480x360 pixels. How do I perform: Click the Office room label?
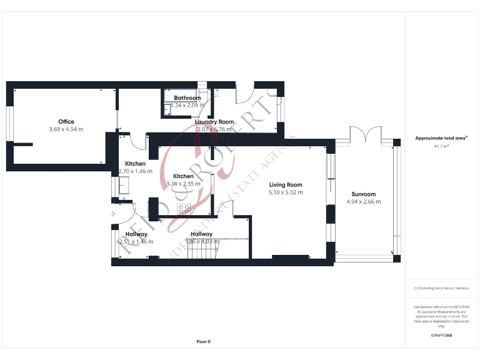coord(66,122)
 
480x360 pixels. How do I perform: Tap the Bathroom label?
coord(187,98)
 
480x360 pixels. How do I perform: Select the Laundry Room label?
coord(214,122)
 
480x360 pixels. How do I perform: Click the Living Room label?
coord(286,185)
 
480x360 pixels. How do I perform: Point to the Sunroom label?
coord(363,194)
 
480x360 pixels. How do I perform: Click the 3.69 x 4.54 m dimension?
coord(66,129)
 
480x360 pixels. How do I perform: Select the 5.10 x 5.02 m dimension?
coord(286,192)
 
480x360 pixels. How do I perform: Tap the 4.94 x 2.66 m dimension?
coord(363,202)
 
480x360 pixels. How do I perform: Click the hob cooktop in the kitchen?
coord(184,209)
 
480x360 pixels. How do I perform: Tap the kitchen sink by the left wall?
coord(124,185)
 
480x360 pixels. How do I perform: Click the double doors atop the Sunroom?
coord(364,134)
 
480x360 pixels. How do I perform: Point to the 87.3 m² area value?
coord(442,146)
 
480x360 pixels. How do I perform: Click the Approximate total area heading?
coord(441,138)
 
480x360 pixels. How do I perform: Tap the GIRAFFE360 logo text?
coord(441,336)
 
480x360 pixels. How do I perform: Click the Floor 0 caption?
coord(203,341)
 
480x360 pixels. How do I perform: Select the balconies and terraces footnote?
coord(441,288)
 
